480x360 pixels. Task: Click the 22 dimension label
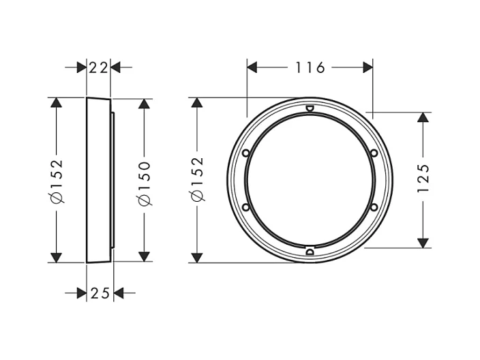pyautogui.click(x=98, y=67)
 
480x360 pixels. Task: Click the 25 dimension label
pyautogui.click(x=100, y=292)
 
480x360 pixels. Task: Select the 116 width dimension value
pyautogui.click(x=310, y=67)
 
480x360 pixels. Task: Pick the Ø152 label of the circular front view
pyautogui.click(x=198, y=179)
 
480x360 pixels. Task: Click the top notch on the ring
pyautogui.click(x=309, y=108)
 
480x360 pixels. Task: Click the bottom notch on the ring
pyautogui.click(x=309, y=252)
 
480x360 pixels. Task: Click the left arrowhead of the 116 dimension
pyautogui.click(x=252, y=67)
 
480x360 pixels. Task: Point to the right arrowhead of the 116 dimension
pyautogui.click(x=368, y=67)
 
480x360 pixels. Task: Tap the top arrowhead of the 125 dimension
pyautogui.click(x=423, y=117)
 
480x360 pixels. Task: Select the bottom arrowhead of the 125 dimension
pyautogui.click(x=423, y=241)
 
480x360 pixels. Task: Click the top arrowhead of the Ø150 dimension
pyautogui.click(x=144, y=104)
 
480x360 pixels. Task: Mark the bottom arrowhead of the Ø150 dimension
pyautogui.click(x=144, y=256)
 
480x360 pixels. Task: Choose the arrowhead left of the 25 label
pyautogui.click(x=81, y=292)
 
